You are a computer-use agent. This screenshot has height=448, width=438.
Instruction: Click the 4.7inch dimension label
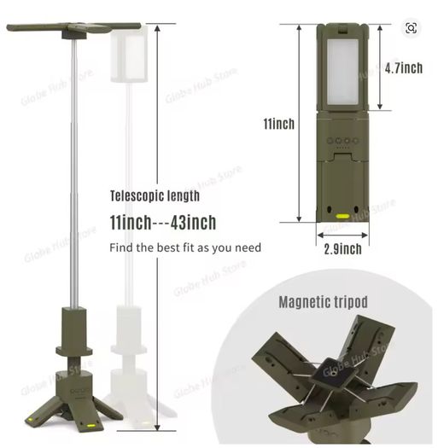point(403,68)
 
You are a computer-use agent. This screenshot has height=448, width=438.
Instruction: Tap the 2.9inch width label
point(342,249)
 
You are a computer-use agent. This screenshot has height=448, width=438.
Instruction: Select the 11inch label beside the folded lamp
point(278,124)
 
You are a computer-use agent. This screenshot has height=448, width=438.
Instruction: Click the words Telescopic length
point(155,196)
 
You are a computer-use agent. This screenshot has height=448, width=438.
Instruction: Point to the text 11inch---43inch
point(163,222)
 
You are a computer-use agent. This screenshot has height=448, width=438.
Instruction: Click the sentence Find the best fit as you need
point(185,247)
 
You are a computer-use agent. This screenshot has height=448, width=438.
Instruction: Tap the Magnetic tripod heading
point(323,302)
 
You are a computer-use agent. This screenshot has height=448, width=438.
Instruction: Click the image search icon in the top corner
point(412,28)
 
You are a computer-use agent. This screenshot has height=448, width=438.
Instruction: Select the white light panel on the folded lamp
point(342,72)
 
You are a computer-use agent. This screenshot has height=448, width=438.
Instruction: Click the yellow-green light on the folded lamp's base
point(342,216)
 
